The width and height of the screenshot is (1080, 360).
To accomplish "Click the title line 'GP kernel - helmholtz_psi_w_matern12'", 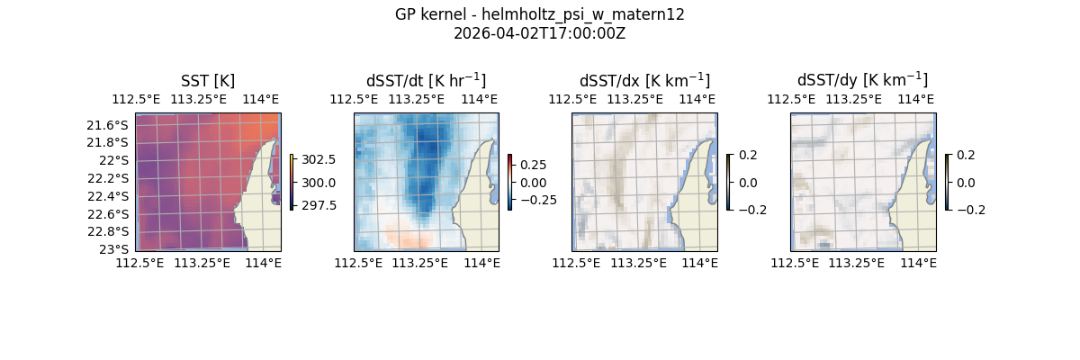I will coord(539,14).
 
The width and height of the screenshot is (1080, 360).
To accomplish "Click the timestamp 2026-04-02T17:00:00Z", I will coord(539,33).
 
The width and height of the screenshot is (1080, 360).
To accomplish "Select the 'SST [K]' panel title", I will coord(208,81).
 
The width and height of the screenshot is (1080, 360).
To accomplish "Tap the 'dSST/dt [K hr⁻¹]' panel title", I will coord(426,81).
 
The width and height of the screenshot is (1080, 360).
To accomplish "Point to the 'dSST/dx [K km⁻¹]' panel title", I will coord(644,81).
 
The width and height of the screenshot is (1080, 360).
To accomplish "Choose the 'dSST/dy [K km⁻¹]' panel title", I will coord(862,81).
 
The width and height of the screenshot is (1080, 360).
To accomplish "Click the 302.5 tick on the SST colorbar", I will coord(319,159).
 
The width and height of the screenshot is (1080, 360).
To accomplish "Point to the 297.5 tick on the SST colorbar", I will coord(319,205).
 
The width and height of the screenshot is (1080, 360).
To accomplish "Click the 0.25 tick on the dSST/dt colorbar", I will coord(533,165).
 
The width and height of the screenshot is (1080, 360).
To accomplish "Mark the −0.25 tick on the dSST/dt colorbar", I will coord(537,200).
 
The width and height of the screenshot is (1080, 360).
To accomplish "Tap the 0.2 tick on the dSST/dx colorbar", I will coord(749,155).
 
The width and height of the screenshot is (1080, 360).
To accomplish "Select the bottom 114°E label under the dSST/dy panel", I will coord(918,263).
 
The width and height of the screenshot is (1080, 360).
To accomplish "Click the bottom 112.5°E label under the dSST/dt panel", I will coord(357,263).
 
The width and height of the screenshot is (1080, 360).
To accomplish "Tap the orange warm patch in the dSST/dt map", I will coord(409,237).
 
